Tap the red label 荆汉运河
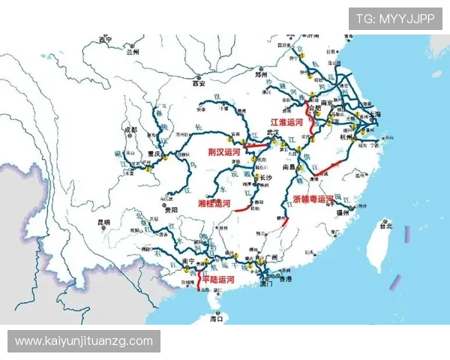tap(224, 151)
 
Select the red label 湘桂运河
tap(214, 203)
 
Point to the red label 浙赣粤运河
tap(313, 199)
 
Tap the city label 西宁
tap(105, 39)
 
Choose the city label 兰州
tap(133, 52)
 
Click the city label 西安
tap(199, 83)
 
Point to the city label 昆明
tap(103, 222)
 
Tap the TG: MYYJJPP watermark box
tap(394, 19)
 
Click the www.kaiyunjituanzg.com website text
tap(84, 341)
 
